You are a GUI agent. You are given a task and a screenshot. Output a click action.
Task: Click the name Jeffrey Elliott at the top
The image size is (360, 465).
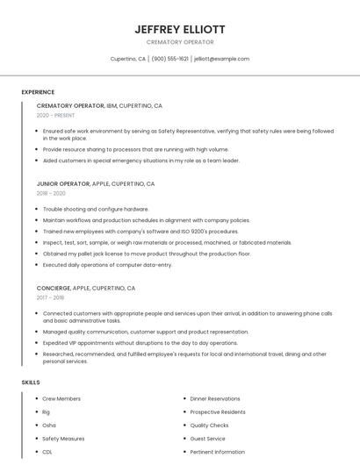(x=180, y=30)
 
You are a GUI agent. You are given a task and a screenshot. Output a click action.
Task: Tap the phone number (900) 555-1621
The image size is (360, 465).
(x=169, y=59)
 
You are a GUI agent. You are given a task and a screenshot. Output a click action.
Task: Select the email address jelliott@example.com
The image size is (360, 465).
(x=221, y=59)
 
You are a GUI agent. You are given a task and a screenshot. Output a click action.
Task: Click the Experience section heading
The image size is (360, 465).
(x=38, y=92)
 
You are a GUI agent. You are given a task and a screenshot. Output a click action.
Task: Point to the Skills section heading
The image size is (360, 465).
(x=31, y=383)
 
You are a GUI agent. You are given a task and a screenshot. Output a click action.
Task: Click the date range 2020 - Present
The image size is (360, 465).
(x=55, y=115)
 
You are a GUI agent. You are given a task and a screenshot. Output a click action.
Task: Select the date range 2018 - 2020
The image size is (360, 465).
(x=51, y=193)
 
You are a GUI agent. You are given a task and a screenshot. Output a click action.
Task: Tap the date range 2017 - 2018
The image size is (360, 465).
(x=51, y=297)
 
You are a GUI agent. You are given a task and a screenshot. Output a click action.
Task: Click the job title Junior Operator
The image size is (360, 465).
(x=63, y=184)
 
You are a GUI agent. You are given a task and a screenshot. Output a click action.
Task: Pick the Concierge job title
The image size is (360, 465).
(x=53, y=288)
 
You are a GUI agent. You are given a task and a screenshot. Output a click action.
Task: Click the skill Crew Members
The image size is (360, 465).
(x=61, y=399)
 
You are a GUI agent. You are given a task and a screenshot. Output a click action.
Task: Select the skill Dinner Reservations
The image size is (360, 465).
(x=215, y=399)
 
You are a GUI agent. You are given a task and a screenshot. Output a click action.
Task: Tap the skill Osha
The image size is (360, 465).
(x=49, y=426)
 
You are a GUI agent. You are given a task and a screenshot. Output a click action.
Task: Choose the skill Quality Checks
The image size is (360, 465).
(x=209, y=426)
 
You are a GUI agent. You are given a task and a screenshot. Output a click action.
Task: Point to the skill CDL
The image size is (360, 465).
(x=47, y=452)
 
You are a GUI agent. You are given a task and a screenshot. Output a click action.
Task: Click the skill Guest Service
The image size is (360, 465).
(x=207, y=439)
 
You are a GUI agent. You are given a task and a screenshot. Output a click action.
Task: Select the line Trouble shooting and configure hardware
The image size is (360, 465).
(x=96, y=210)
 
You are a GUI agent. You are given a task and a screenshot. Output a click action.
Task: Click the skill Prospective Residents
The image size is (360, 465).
(x=218, y=412)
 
